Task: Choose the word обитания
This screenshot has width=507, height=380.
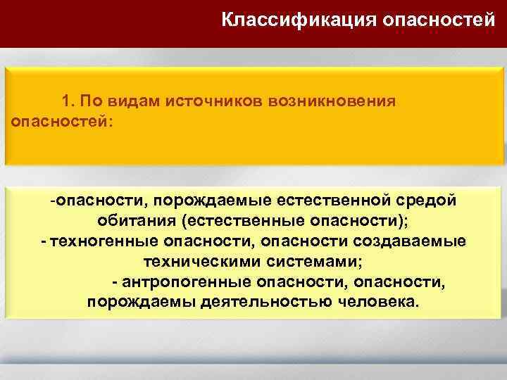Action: [x=137, y=222]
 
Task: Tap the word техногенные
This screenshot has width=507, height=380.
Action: [x=98, y=242]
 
